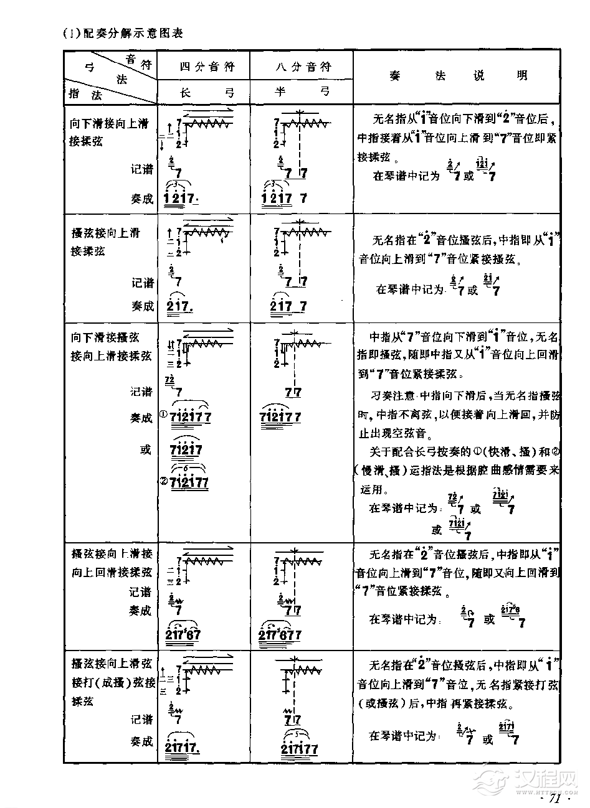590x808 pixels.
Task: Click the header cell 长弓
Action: pos(203,92)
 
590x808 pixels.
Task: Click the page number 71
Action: pos(553,798)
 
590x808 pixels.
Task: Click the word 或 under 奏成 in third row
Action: pos(146,449)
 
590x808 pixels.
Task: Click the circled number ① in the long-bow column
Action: pos(164,414)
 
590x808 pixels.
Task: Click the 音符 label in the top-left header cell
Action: pos(138,60)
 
